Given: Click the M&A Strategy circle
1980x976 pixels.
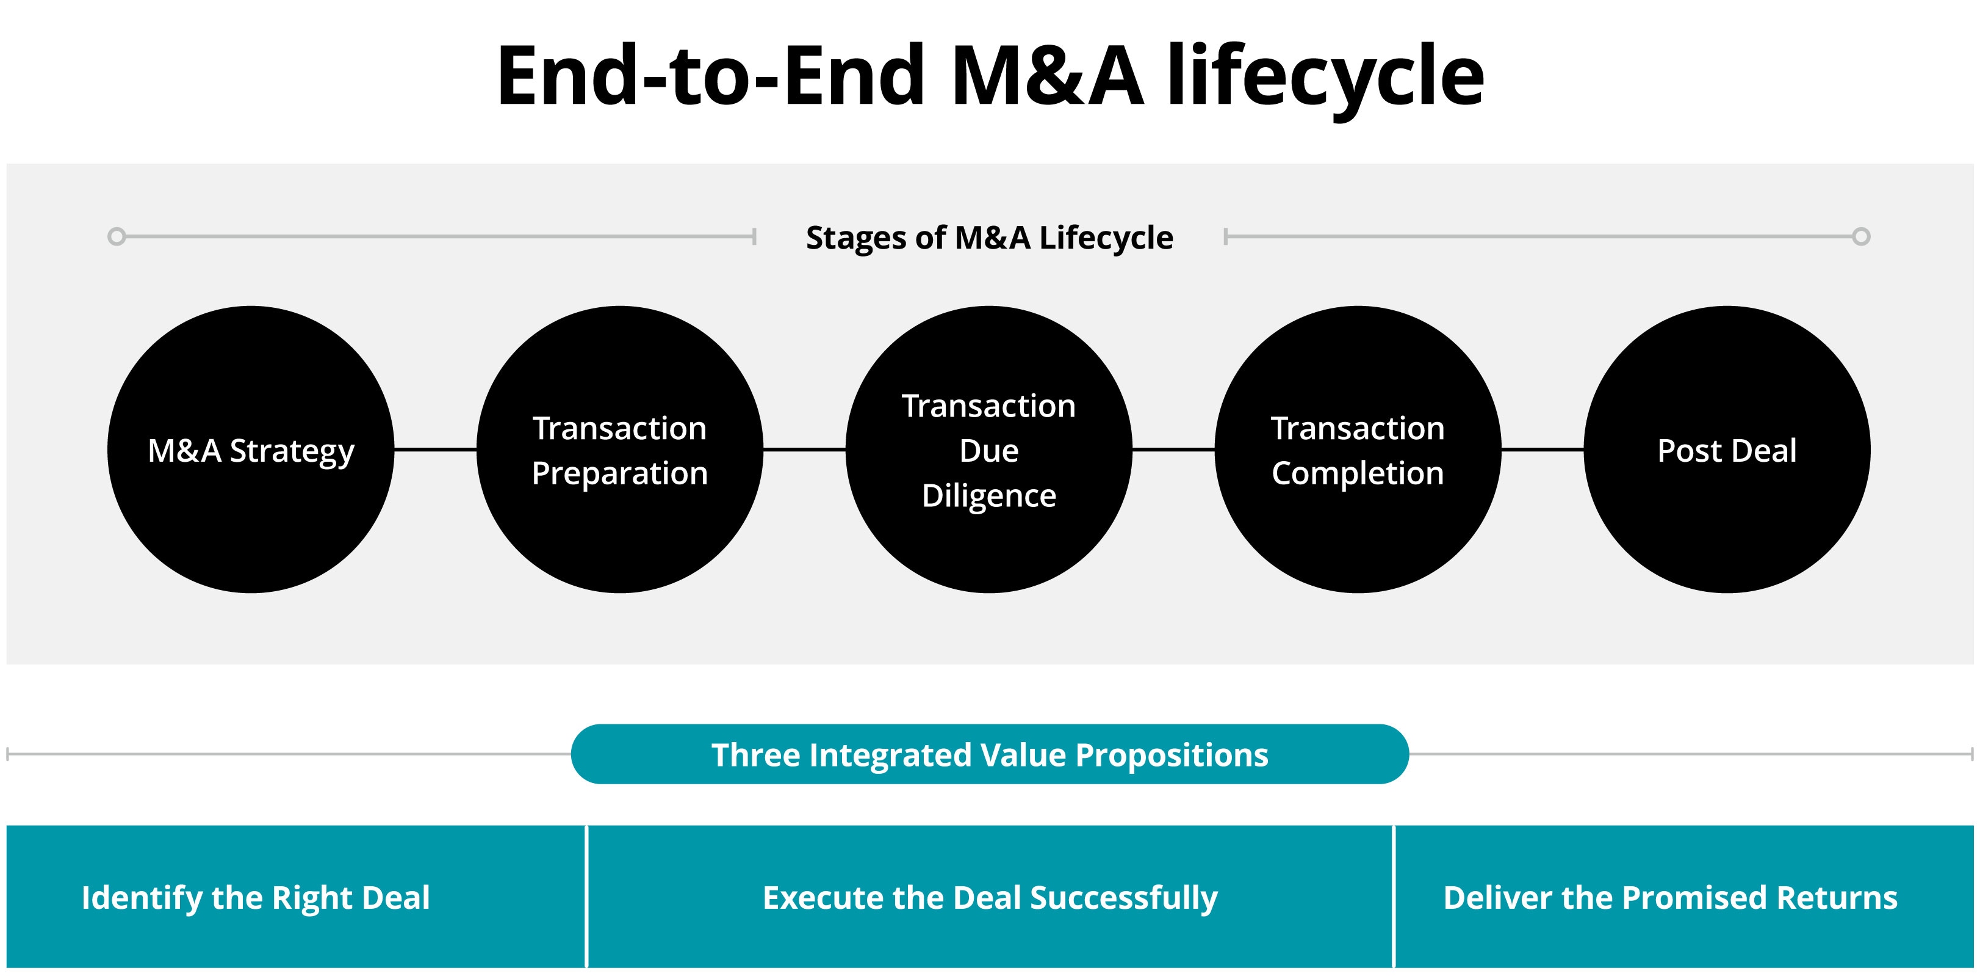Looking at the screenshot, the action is (x=251, y=449).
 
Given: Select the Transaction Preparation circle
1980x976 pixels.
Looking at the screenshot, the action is (x=619, y=449).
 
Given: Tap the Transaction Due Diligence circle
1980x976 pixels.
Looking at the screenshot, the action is (x=988, y=449).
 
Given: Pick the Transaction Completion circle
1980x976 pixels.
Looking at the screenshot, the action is (x=1358, y=449).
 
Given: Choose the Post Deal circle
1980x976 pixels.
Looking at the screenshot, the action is (x=1727, y=449).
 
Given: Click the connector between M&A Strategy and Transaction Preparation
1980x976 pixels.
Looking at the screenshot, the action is (x=435, y=449).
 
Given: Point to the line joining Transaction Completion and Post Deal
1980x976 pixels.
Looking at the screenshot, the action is (x=1543, y=449).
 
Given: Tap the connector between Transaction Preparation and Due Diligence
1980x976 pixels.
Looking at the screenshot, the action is (x=804, y=449).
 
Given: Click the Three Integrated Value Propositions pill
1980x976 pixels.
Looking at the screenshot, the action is (x=990, y=754).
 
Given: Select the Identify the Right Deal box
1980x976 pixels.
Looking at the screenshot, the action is (x=295, y=897).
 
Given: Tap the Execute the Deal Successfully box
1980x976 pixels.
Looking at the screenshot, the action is (x=990, y=897).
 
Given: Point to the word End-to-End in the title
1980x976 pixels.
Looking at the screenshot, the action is (x=711, y=75).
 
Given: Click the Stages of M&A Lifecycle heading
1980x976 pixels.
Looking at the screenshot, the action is (x=989, y=238).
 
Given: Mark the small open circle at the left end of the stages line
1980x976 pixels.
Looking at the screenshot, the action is (x=117, y=236).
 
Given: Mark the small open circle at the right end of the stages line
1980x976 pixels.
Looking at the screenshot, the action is (x=1861, y=236).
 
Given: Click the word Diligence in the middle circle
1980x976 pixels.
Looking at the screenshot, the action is (x=988, y=496).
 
